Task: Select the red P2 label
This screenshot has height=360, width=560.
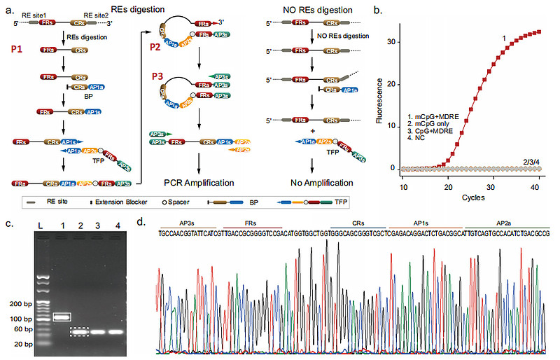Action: [x=155, y=46]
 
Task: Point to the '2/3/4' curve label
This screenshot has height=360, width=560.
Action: [x=532, y=162]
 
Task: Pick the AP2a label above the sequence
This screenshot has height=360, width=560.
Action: [x=508, y=221]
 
